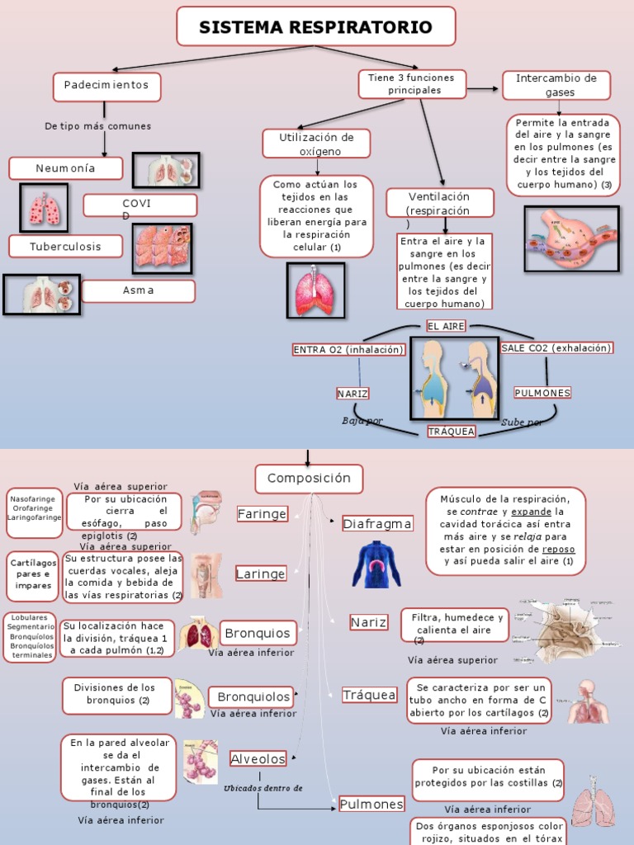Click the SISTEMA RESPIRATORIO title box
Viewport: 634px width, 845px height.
[315, 26]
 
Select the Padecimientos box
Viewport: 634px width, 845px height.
[106, 86]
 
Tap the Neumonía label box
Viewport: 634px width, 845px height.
[66, 168]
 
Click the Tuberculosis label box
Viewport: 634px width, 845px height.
[66, 246]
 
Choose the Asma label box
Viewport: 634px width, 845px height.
[139, 291]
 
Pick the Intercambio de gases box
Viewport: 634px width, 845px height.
[556, 85]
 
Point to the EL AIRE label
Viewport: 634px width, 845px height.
[446, 326]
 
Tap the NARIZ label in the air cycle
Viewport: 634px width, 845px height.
[352, 393]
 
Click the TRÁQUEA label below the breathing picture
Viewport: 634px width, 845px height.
[452, 432]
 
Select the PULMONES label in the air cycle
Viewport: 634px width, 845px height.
[542, 393]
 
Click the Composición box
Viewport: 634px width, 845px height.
[309, 479]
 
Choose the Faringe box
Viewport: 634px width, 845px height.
[262, 514]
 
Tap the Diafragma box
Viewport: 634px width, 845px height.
[377, 524]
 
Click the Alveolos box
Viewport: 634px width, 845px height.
[258, 759]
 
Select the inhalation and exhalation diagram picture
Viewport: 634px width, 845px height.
[454, 378]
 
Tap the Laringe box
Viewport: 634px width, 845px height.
[261, 574]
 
